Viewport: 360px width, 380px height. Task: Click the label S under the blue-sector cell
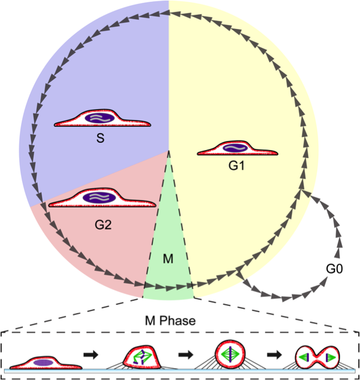[100, 138]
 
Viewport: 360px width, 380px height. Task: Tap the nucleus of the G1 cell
[235, 148]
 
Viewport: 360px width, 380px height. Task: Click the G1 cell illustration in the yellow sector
[237, 150]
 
